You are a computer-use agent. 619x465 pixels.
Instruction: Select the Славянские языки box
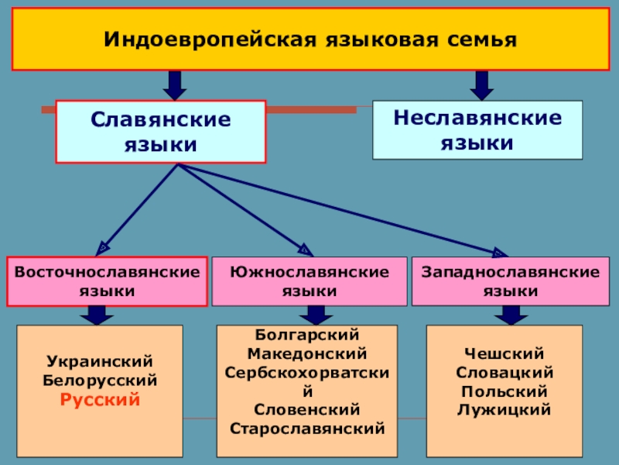click(161, 132)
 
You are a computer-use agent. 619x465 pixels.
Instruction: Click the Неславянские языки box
click(477, 130)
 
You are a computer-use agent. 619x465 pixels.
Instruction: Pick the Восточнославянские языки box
click(108, 281)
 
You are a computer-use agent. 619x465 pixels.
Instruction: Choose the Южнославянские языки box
click(309, 281)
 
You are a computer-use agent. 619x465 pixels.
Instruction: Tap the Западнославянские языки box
click(510, 281)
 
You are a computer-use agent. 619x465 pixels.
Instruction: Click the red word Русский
click(101, 401)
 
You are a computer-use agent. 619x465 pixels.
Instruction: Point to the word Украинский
click(101, 362)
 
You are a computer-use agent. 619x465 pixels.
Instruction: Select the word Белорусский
click(101, 381)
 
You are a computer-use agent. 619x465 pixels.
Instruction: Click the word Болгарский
click(307, 335)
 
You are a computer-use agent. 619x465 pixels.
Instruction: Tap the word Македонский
click(307, 353)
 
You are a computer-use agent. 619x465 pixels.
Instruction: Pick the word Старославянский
click(307, 428)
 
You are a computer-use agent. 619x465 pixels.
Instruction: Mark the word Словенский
click(307, 409)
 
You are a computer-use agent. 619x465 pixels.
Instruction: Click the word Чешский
click(504, 353)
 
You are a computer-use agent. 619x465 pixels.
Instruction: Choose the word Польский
click(504, 391)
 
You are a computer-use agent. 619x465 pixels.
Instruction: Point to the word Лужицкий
click(504, 409)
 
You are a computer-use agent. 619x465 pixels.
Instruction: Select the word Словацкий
click(504, 372)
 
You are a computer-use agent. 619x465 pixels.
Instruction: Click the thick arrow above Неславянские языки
click(481, 84)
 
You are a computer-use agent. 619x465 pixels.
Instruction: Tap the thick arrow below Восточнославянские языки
click(97, 315)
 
